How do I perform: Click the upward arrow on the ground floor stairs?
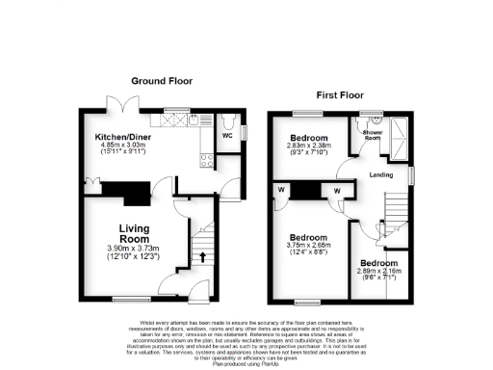pyautogui.click(x=203, y=256)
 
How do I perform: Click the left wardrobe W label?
pyautogui.click(x=281, y=190)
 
